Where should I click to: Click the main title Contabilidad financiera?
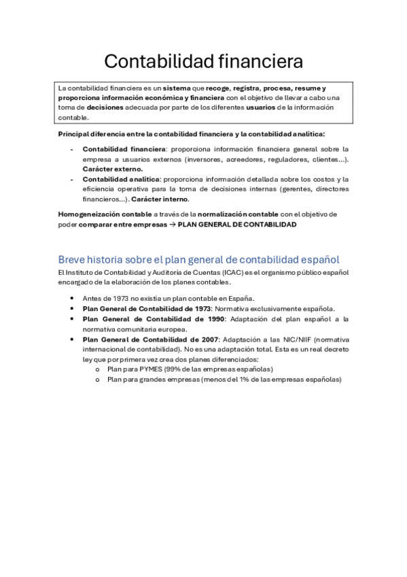click(203, 62)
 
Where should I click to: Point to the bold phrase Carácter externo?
click(113, 169)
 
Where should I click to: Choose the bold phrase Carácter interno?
click(160, 199)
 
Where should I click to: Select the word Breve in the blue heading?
click(73, 260)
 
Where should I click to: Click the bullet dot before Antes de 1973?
click(73, 298)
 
